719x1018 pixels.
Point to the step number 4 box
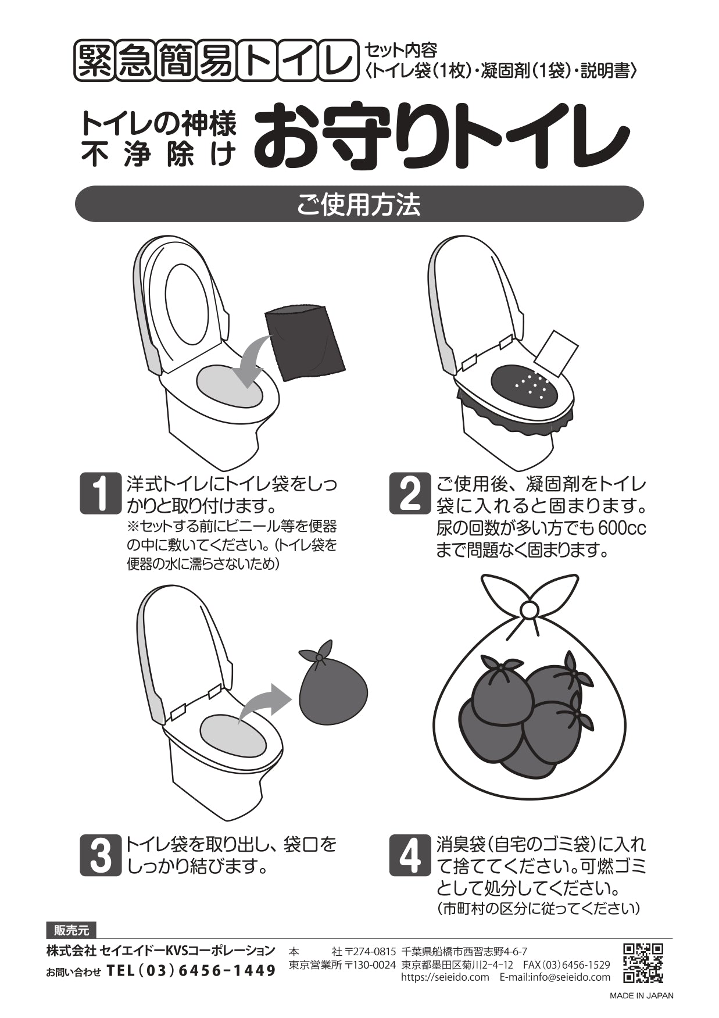[x=410, y=855]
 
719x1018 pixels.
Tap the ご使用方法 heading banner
[x=359, y=204]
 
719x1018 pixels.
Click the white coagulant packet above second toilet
[x=556, y=353]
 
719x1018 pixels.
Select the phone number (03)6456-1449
[x=191, y=970]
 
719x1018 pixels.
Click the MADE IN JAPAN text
[x=641, y=995]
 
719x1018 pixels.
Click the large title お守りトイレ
[x=441, y=134]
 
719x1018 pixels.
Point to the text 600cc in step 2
[x=621, y=528]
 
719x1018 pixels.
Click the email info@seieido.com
[x=555, y=977]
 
